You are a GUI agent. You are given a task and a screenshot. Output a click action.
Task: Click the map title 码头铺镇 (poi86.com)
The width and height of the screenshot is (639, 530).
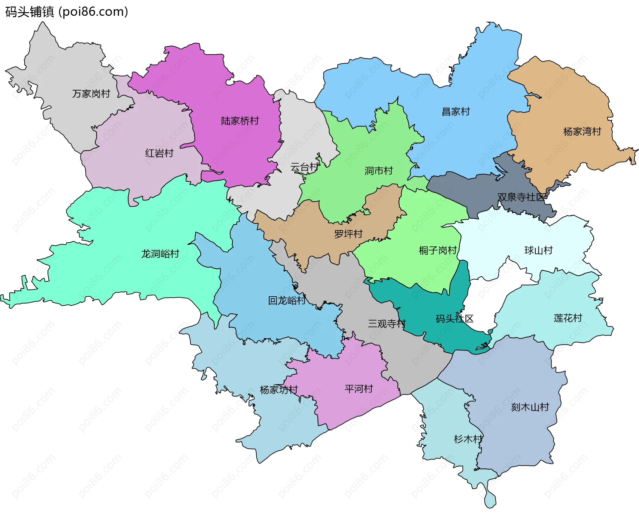click(67, 12)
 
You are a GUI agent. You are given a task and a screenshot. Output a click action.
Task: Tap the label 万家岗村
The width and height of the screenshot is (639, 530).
click(91, 94)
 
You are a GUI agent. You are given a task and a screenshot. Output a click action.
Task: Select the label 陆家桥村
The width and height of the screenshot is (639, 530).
click(240, 121)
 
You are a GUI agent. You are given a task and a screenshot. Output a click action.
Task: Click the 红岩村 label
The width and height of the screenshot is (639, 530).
click(159, 153)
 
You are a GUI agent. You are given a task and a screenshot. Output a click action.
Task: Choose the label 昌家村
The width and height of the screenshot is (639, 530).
click(456, 112)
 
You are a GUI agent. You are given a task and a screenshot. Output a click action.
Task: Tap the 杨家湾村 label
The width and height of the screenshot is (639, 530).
click(582, 132)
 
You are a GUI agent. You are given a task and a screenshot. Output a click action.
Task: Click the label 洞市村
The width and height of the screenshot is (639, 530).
click(378, 171)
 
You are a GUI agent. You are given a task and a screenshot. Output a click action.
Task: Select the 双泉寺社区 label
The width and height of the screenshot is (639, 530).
click(522, 197)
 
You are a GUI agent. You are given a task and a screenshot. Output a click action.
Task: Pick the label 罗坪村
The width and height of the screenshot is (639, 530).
click(348, 234)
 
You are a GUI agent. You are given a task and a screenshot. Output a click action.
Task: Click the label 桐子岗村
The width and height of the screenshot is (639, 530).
click(438, 250)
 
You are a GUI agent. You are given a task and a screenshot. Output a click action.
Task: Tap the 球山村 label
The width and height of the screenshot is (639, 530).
click(538, 250)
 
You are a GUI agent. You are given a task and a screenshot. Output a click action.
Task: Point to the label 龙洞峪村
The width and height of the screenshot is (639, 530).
click(160, 254)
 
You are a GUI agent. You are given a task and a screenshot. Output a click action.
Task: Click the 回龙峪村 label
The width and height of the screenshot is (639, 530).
click(287, 301)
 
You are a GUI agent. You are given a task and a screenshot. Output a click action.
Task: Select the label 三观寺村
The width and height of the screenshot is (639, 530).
click(386, 324)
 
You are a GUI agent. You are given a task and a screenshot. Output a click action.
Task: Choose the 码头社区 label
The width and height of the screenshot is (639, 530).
click(454, 319)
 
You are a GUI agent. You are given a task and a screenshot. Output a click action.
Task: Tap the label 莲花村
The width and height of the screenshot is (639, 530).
click(568, 318)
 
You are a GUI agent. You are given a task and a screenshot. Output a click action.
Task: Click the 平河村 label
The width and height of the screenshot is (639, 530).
click(359, 389)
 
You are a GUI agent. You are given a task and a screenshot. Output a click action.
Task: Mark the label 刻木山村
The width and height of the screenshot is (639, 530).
click(530, 407)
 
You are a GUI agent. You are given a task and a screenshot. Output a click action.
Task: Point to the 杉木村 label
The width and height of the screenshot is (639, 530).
click(468, 439)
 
